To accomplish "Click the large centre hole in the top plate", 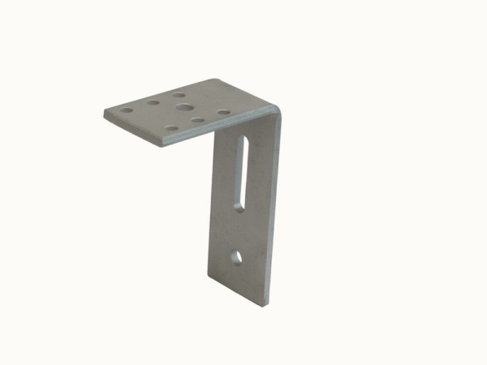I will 185,107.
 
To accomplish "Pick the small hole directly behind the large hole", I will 180,94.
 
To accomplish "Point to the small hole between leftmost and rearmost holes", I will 153,103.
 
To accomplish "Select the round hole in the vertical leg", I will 237,257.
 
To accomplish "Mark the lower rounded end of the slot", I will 239,206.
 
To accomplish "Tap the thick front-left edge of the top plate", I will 134,130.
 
